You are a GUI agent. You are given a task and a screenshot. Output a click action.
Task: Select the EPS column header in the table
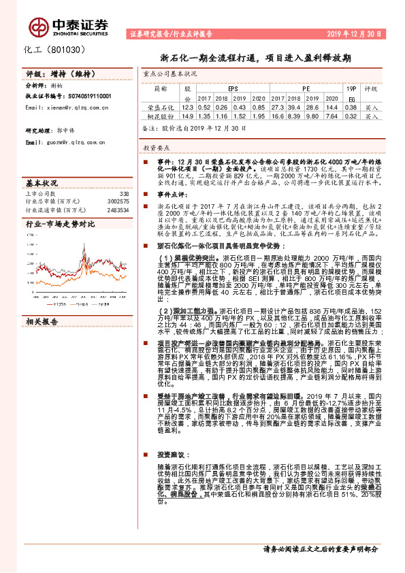(233, 88)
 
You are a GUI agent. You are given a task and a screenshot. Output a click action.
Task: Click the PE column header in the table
(306, 88)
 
